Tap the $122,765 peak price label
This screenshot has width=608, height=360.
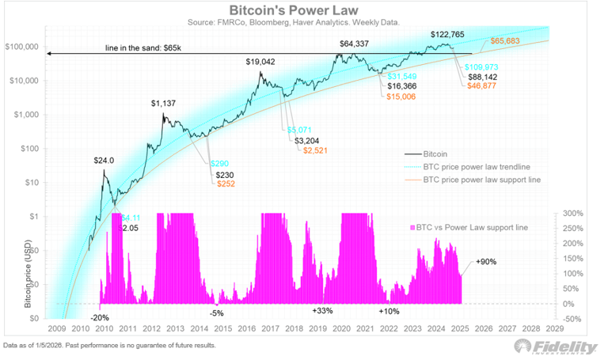click(448, 35)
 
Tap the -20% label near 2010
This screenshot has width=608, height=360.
click(101, 317)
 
